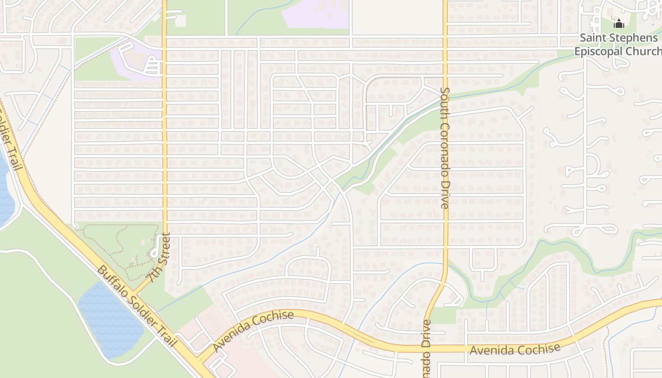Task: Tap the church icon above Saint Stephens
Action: [619, 24]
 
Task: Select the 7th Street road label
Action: [158, 258]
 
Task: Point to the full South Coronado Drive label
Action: [444, 148]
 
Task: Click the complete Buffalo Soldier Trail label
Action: [136, 306]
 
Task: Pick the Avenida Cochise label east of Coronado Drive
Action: [515, 350]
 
